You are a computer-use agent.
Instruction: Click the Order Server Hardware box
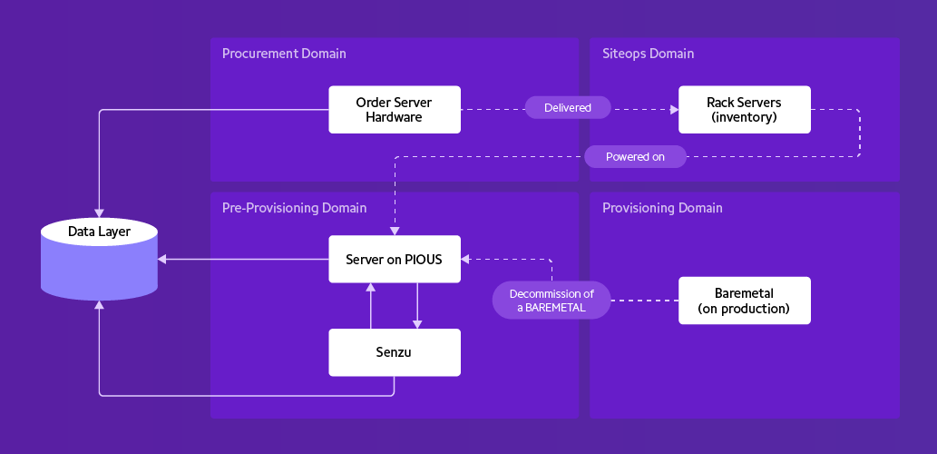(395, 110)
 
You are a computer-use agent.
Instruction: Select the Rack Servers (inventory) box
(744, 110)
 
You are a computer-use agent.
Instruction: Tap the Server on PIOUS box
(395, 260)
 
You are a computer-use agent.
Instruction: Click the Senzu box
(395, 352)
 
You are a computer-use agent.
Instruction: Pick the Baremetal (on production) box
(744, 301)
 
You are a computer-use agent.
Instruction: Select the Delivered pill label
(568, 108)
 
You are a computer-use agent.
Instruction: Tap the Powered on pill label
(635, 156)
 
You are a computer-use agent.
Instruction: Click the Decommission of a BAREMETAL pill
(551, 301)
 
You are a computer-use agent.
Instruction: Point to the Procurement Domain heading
(284, 54)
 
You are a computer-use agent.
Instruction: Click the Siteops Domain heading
(648, 54)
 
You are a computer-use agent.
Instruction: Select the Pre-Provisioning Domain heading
(294, 208)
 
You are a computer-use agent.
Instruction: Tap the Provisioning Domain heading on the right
(662, 208)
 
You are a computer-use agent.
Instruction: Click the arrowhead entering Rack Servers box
(674, 109)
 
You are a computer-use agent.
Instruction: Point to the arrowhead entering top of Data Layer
(99, 212)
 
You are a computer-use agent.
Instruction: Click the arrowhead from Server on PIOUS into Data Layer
(162, 260)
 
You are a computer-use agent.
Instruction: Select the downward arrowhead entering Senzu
(417, 323)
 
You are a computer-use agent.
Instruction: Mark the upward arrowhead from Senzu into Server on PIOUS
(371, 288)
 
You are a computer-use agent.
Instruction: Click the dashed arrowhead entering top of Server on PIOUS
(395, 231)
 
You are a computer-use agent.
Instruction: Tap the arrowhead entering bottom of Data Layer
(99, 306)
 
